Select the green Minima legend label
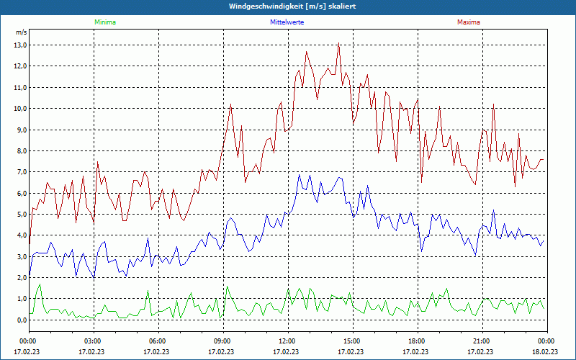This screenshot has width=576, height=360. tap(104, 22)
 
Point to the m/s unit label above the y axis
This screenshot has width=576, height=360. tap(21, 32)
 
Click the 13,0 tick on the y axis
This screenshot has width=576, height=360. tap(20, 45)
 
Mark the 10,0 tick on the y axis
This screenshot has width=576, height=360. tap(20, 109)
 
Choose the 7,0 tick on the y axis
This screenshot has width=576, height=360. tap(20, 172)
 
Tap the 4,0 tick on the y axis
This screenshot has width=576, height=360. tap(20, 236)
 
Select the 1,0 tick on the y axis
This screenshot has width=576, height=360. tap(20, 300)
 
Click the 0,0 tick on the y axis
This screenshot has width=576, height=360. tap(20, 320)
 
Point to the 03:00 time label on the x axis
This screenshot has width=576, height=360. tap(93, 341)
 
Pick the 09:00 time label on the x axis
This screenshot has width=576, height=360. tap(222, 341)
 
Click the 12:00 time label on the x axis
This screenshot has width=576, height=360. tap(287, 341)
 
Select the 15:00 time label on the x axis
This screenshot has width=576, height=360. tap(351, 341)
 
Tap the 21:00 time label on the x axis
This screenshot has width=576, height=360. tap(481, 341)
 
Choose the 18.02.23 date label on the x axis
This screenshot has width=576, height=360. tap(545, 352)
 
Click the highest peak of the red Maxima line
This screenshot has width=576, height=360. tap(338, 43)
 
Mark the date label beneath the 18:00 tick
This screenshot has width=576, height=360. tap(416, 352)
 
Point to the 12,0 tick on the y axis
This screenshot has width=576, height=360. tap(20, 66)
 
